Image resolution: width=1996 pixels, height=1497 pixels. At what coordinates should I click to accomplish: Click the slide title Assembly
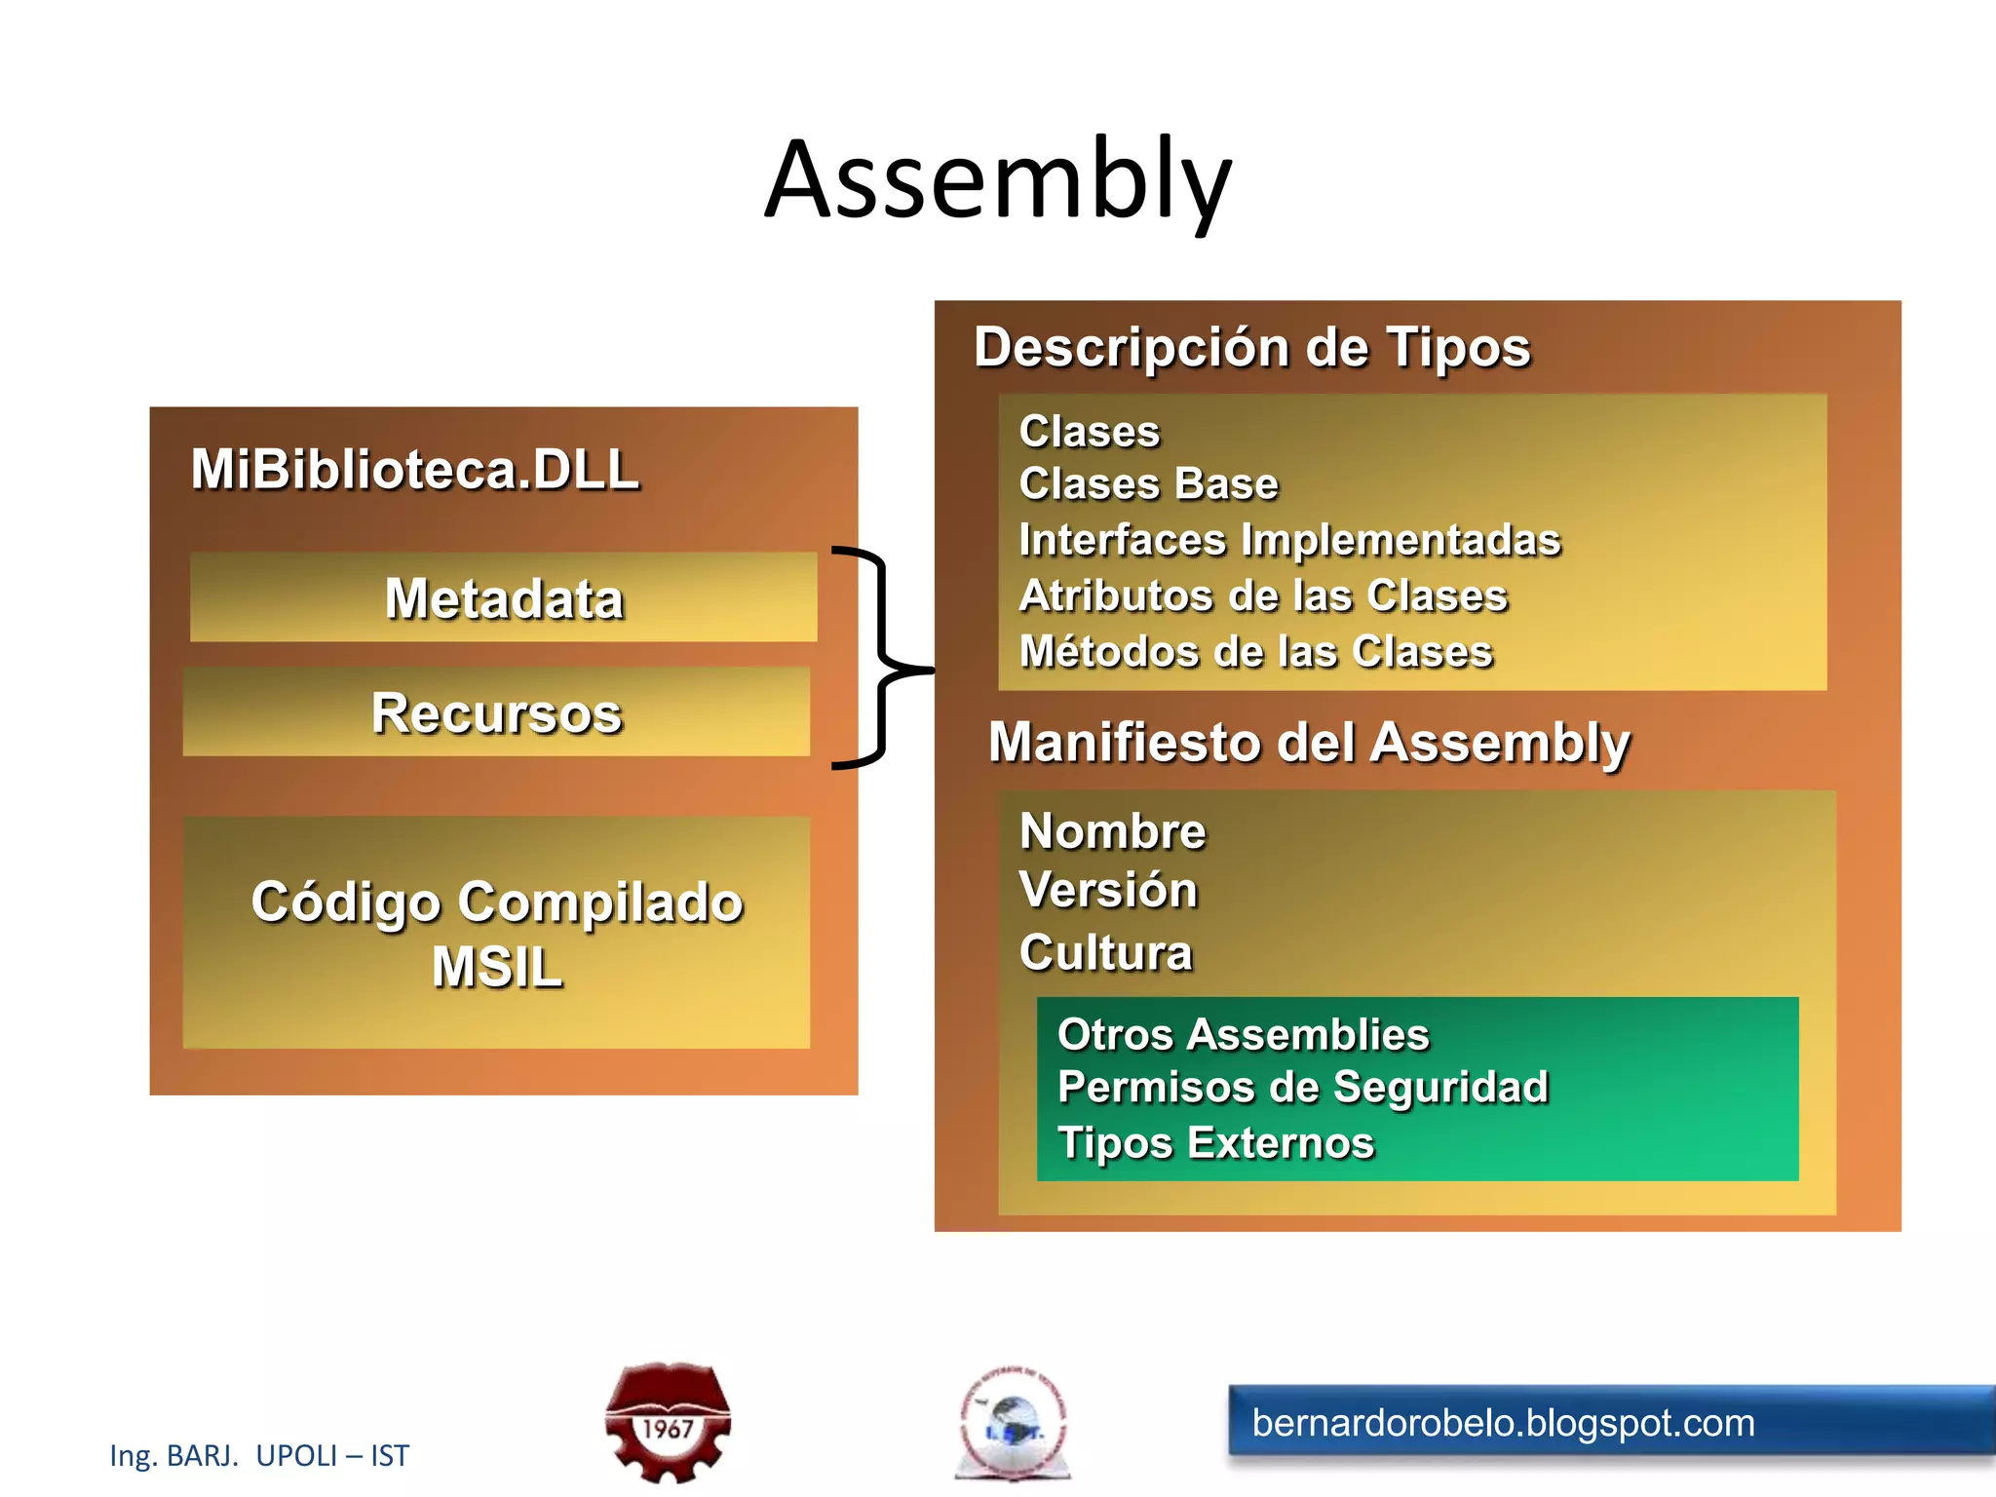click(998, 180)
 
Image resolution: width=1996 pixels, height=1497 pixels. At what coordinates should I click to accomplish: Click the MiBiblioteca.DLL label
click(415, 470)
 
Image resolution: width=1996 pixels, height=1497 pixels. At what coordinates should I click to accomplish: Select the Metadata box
click(503, 597)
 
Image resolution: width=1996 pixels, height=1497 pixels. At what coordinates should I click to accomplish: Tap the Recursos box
click(496, 712)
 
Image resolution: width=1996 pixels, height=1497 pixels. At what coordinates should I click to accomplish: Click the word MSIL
click(497, 967)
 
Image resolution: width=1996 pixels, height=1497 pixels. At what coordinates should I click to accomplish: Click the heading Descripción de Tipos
click(1251, 348)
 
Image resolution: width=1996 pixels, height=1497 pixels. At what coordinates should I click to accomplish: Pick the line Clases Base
click(1148, 484)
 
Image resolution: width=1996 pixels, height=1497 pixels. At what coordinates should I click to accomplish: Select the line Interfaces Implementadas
click(1288, 540)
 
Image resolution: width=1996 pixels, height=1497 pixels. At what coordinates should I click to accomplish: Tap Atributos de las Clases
click(1263, 595)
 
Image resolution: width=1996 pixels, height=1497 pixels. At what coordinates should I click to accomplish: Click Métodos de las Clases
click(1255, 651)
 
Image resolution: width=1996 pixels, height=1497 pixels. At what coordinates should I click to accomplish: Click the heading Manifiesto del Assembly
click(1308, 743)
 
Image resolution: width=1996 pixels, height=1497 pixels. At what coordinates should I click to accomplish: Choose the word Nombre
click(1112, 831)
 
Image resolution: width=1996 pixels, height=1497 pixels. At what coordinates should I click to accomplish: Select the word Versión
click(1108, 890)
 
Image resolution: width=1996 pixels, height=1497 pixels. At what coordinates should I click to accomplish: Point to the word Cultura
click(1105, 952)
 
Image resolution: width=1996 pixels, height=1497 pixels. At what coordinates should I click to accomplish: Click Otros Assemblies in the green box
click(1243, 1034)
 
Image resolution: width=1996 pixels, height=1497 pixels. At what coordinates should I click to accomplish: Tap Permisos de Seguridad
click(1302, 1087)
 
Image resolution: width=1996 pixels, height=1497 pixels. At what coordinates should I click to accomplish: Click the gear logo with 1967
click(668, 1422)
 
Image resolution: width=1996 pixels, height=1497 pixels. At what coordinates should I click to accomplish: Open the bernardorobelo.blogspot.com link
click(1503, 1424)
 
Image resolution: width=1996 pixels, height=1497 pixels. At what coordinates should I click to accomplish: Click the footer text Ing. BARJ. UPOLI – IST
click(259, 1455)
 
